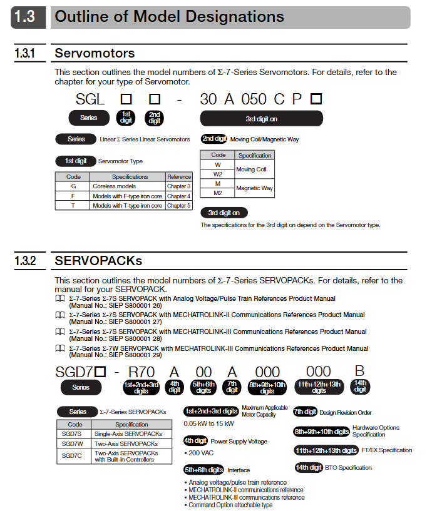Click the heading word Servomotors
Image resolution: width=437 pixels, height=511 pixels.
coord(95,53)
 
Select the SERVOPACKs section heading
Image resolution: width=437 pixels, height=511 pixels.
coord(98,260)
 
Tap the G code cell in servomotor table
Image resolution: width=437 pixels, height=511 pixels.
coord(73,186)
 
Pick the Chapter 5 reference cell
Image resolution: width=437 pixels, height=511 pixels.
coord(178,206)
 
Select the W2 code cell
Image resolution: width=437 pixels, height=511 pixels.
coord(218,174)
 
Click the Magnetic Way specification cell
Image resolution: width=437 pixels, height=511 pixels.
coord(254,188)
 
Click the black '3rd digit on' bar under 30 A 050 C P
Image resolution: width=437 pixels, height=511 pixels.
coord(261,118)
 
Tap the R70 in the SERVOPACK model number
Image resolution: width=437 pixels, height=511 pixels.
coord(141,373)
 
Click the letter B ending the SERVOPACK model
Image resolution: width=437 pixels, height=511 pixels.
coord(359,372)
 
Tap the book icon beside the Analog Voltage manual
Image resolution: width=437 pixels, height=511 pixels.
coord(60,299)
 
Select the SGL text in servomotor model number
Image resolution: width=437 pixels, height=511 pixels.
coord(90,99)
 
